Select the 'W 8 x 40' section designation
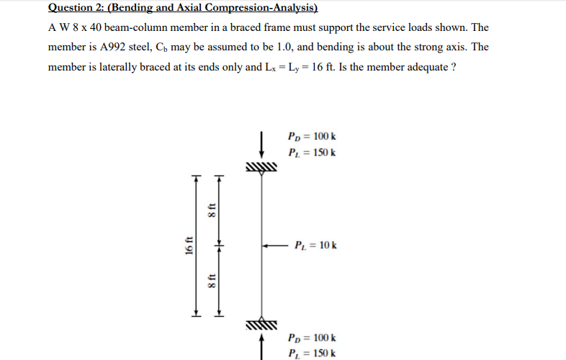[x=82, y=27]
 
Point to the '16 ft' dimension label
[x=188, y=246]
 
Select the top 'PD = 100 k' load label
[x=311, y=137]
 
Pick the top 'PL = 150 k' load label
[x=311, y=153]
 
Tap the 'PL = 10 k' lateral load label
[x=315, y=246]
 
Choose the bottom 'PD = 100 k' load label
[x=311, y=337]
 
